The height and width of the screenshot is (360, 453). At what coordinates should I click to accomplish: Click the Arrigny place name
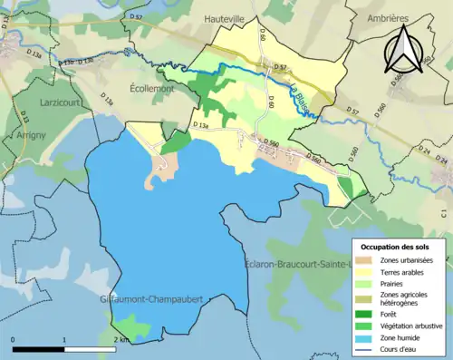click(34, 134)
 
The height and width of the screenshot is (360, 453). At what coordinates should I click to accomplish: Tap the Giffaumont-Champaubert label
click(150, 297)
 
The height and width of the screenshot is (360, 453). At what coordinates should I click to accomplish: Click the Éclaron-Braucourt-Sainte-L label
click(304, 264)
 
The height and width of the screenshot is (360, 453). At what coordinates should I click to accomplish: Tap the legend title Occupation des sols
click(397, 246)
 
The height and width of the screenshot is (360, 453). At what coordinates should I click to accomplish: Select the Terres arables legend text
click(403, 271)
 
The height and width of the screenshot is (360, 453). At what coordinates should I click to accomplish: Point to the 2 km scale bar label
click(120, 339)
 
